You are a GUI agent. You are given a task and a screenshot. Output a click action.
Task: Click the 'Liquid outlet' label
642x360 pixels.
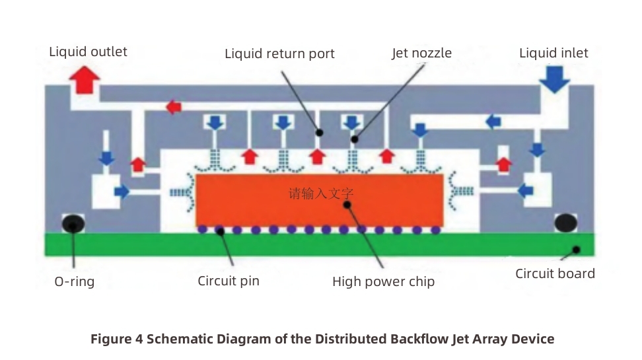pos(88,52)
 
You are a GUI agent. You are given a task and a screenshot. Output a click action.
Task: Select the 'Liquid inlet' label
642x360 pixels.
pos(553,53)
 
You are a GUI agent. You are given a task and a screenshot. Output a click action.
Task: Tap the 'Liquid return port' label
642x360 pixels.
pos(279,54)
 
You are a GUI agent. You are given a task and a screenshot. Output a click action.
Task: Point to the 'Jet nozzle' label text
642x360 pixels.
pos(421,53)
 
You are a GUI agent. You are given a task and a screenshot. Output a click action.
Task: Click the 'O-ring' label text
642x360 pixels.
pos(74,282)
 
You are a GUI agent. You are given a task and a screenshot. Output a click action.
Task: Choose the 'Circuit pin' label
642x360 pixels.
pos(229,281)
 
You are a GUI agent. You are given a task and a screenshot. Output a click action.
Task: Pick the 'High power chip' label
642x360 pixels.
pos(383,282)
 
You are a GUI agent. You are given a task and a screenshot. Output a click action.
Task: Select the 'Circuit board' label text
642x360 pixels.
pos(555,273)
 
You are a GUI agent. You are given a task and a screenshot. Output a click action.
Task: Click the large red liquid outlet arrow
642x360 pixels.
pos(85,81)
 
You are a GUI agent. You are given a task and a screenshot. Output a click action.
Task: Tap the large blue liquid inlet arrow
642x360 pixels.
pos(554,80)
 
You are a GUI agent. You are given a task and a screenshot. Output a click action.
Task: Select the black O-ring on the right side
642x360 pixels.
pos(566,224)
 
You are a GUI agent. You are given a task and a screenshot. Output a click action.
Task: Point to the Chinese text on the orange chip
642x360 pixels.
pos(322,194)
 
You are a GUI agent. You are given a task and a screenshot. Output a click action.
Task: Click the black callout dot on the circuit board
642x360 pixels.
pos(576,250)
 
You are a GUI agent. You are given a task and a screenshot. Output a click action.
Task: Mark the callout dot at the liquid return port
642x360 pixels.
pos(318,132)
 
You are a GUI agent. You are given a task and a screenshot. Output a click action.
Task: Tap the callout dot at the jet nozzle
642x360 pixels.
pos(355,139)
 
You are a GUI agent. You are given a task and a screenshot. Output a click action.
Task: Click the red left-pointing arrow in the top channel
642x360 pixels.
pos(174,106)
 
